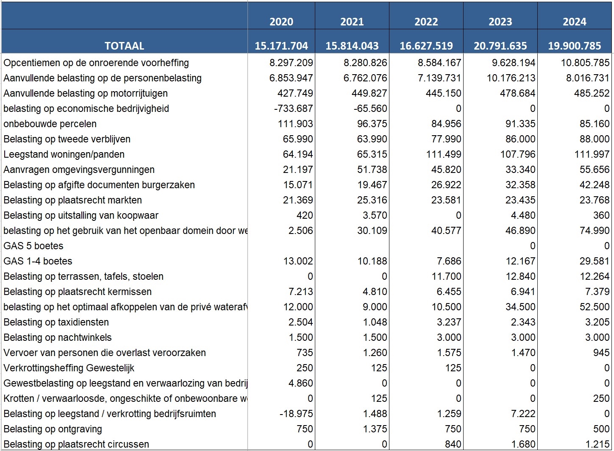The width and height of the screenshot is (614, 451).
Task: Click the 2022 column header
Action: (426, 22)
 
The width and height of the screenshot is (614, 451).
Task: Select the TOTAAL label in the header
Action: (125, 46)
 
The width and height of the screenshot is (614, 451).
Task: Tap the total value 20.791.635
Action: (500, 46)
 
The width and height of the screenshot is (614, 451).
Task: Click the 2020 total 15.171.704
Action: (281, 46)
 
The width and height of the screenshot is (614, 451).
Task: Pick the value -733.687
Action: (293, 109)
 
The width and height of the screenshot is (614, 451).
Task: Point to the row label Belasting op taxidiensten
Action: (56, 322)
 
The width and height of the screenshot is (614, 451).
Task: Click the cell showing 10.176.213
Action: (511, 78)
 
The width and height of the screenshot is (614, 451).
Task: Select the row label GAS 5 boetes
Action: (33, 246)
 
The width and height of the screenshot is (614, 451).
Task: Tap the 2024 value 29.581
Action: (594, 261)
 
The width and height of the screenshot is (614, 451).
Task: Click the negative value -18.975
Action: (296, 414)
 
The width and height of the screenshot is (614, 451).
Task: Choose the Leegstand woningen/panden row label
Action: (64, 154)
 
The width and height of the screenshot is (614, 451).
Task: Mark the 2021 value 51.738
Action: (372, 170)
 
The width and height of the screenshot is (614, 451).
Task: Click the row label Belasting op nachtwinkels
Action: (58, 337)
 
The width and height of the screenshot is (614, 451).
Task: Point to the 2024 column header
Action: (575, 22)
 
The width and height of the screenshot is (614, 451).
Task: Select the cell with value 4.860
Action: (300, 383)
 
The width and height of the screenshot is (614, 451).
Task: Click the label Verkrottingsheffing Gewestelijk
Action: (69, 368)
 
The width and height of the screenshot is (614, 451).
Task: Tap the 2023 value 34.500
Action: (520, 307)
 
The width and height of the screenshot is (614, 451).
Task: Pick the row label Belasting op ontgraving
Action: (53, 429)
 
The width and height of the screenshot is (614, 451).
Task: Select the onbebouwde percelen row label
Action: (50, 124)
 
